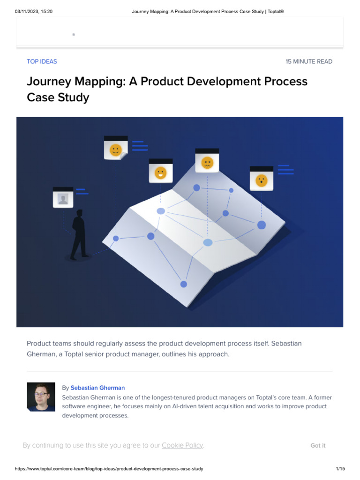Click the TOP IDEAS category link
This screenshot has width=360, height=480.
(x=42, y=61)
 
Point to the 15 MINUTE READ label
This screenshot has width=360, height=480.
(x=309, y=61)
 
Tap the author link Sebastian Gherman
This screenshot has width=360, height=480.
(x=97, y=388)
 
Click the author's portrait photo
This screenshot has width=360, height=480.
(x=41, y=397)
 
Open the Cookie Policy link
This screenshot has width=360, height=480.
(x=182, y=445)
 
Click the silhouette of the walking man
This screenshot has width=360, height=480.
(x=79, y=234)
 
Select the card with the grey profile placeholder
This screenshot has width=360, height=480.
(x=63, y=197)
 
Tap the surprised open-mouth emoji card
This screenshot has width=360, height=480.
(x=261, y=180)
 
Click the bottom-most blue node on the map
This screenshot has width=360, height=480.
(x=184, y=284)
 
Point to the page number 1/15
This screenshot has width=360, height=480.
(x=340, y=469)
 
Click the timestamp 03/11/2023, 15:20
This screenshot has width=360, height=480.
(x=34, y=11)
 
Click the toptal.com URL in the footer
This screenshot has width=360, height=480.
(x=109, y=469)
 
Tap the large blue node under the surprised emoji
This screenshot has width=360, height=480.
(x=262, y=225)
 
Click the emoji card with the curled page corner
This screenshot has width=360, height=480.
(x=116, y=149)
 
